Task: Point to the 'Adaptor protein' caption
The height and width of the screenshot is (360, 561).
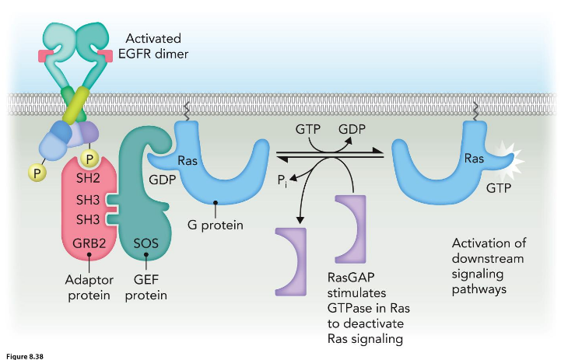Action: coord(91,288)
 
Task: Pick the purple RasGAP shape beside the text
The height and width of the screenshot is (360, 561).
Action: coord(349,228)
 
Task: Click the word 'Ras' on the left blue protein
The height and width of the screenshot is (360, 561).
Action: coord(188,161)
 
